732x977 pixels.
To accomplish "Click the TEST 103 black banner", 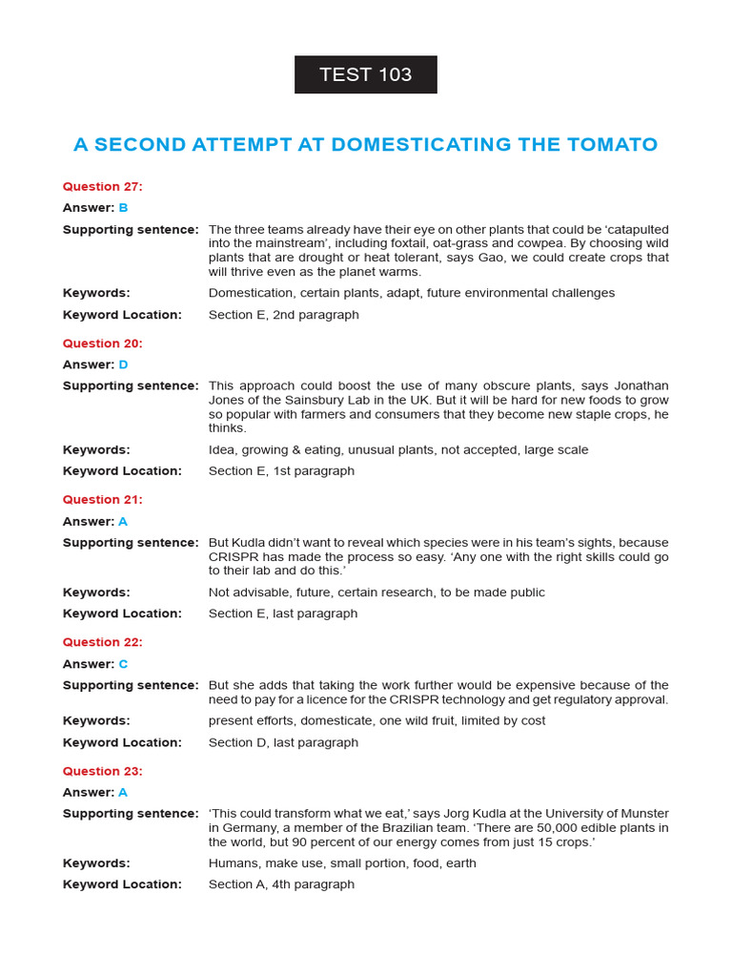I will [x=365, y=74].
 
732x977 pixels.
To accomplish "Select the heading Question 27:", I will [x=102, y=187].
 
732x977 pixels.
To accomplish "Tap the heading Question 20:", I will [x=102, y=343].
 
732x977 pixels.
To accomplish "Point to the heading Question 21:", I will [x=102, y=500].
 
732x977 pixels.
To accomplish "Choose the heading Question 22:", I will [x=102, y=642].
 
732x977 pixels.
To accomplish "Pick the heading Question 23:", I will [x=102, y=771].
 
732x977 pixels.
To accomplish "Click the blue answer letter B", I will [x=123, y=208].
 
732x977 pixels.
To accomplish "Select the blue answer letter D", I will [x=123, y=364].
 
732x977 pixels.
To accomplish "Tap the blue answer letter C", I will [x=123, y=664].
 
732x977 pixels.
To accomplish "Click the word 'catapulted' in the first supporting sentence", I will [x=635, y=230].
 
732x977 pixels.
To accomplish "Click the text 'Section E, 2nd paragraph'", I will [x=283, y=315].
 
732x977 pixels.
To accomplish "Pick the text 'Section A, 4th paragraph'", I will [x=281, y=884].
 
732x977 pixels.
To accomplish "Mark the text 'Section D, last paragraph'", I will [x=283, y=742].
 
